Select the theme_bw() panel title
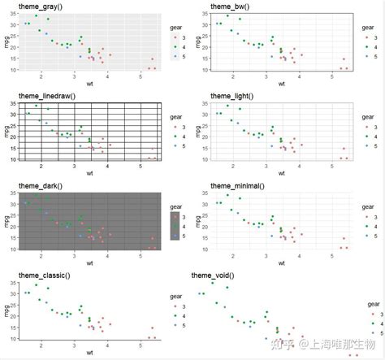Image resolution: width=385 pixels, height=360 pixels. click(231, 7)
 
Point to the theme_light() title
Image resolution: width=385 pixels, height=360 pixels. click(234, 96)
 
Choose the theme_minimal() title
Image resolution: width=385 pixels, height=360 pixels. click(238, 185)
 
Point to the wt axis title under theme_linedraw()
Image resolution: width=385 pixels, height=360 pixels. click(89, 172)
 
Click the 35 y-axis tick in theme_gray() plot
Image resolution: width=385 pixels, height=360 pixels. click(14, 14)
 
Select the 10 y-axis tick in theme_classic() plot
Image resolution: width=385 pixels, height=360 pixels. click(14, 337)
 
